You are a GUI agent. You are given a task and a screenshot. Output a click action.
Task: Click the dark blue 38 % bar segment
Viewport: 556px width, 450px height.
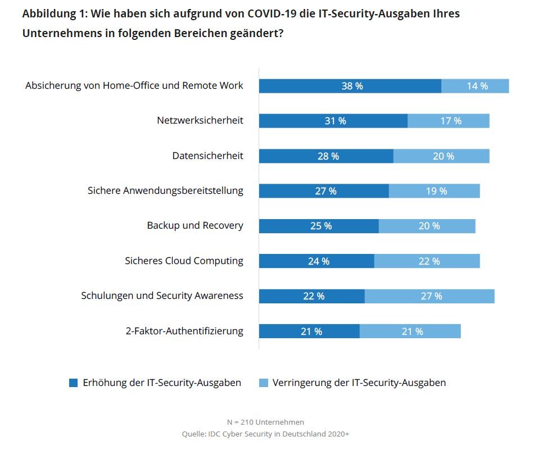point(350,86)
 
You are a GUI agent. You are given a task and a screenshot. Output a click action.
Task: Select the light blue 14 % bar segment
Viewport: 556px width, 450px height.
point(475,86)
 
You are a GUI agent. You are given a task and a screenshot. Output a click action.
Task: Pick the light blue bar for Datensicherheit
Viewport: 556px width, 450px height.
point(441,156)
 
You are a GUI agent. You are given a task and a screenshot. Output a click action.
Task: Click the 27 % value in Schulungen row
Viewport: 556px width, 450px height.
point(430,296)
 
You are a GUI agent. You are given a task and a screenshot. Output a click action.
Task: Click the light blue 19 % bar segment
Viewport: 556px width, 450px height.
point(435,191)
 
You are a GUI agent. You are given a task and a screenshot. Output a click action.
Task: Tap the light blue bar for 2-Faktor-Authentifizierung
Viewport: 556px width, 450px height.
point(410,331)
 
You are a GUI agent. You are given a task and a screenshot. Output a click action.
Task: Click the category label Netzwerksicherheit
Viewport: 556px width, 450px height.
point(200,120)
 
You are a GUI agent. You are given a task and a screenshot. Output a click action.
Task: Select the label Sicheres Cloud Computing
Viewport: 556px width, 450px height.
point(184,261)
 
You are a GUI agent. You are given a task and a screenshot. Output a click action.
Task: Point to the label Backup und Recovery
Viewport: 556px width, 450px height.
point(195,225)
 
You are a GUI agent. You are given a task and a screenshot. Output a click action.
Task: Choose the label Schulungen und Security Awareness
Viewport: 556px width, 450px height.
point(162,296)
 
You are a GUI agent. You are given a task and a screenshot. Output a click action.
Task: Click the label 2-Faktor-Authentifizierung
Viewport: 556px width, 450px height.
point(184,331)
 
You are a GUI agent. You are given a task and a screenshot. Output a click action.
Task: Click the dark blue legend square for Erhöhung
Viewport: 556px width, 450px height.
point(73,383)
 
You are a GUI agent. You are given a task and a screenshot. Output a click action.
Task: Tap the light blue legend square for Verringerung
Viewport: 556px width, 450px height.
point(263,383)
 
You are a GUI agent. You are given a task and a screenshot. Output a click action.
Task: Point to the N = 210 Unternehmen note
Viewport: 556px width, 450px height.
point(265,422)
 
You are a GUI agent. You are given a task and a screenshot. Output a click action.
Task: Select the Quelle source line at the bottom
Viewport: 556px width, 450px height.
point(265,434)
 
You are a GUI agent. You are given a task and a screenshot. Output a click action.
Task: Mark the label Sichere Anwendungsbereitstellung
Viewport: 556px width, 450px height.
point(165,190)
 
